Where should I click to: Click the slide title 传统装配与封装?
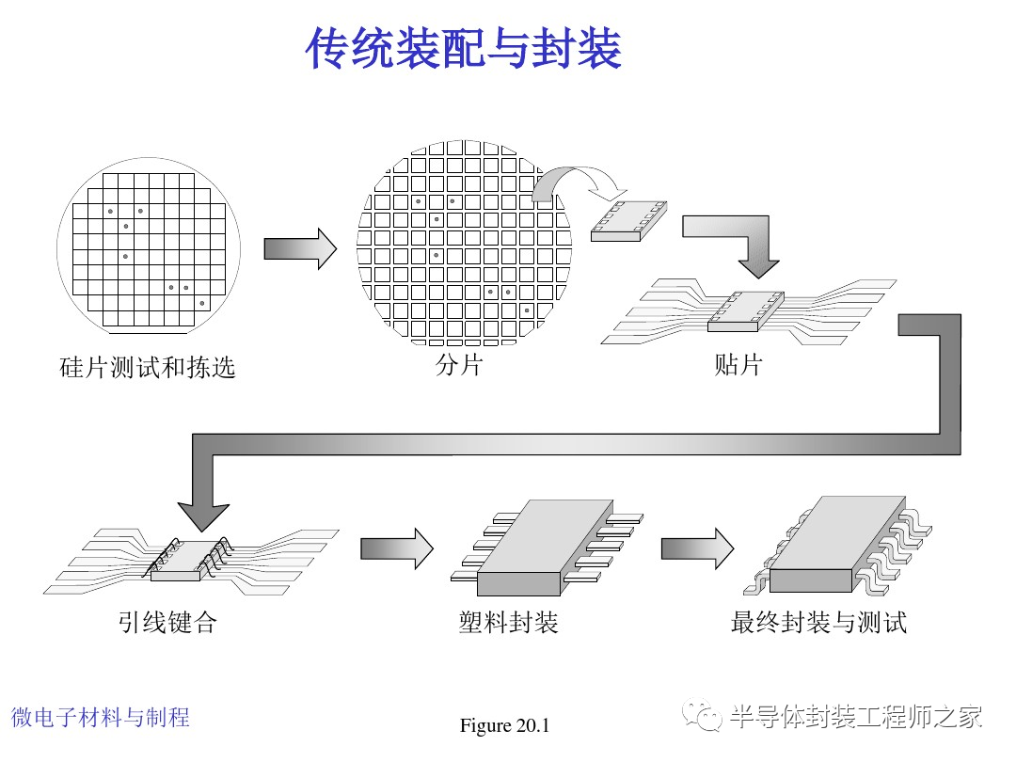pyautogui.click(x=463, y=49)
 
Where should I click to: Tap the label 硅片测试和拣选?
pyautogui.click(x=147, y=366)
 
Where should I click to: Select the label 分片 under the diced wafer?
pyautogui.click(x=459, y=364)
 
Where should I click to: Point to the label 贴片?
pyautogui.click(x=738, y=364)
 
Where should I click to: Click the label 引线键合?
pyautogui.click(x=167, y=622)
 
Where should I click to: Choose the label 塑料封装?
pyautogui.click(x=508, y=622)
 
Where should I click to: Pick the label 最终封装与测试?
pyautogui.click(x=818, y=622)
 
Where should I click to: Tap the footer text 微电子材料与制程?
pyautogui.click(x=101, y=717)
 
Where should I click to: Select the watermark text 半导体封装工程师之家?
pyautogui.click(x=856, y=717)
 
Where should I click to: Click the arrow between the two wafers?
pyautogui.click(x=300, y=248)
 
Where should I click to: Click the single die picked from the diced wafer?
pyautogui.click(x=627, y=220)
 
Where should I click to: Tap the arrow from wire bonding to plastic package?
pyautogui.click(x=396, y=548)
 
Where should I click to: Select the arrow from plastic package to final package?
pyautogui.click(x=697, y=548)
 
